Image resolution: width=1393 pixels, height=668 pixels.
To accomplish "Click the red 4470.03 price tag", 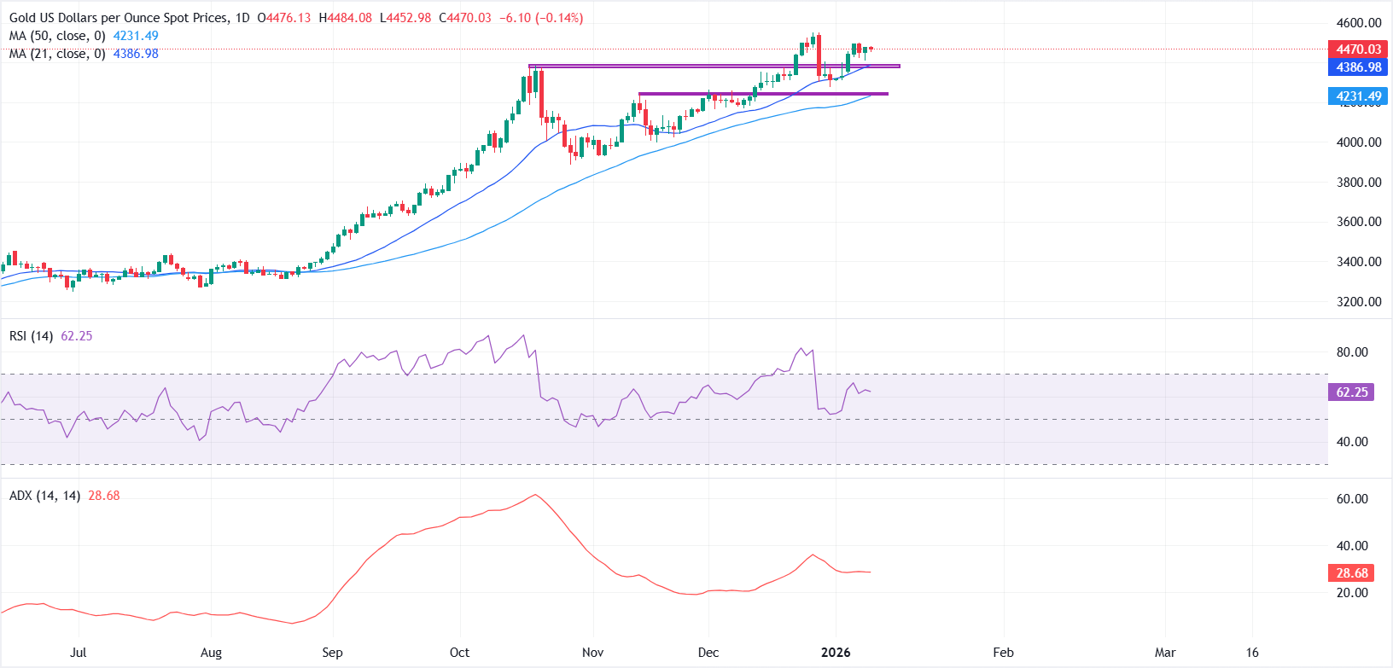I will [1357, 49].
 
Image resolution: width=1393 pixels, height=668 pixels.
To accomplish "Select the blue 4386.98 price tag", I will [1357, 67].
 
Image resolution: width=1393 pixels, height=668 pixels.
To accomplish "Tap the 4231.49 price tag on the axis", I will [1357, 96].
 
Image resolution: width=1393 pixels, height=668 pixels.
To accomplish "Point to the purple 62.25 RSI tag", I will [1351, 392].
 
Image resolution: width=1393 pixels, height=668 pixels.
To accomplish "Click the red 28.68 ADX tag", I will [1351, 573].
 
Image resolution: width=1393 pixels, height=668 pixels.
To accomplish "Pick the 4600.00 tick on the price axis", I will [1358, 23].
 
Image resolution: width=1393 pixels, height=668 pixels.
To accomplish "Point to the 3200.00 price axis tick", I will [1358, 301].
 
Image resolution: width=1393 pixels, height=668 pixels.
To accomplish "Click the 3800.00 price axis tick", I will [1358, 182].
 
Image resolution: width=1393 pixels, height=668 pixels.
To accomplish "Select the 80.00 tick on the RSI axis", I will [1352, 351].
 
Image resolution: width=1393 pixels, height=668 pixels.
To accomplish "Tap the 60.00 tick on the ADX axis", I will [1352, 499].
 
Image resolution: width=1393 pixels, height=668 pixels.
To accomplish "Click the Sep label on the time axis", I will [332, 653].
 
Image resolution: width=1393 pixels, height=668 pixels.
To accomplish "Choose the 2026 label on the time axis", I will [835, 653].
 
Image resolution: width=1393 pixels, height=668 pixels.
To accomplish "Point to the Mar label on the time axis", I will [1164, 653].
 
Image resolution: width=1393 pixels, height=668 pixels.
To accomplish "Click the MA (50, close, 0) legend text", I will [57, 36].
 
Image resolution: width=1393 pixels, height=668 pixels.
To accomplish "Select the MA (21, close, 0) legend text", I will [57, 54].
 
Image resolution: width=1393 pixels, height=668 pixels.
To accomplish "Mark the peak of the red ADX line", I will [534, 495].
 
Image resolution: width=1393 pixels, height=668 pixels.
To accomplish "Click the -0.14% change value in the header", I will [559, 18].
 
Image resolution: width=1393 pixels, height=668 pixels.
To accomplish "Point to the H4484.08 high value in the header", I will [345, 18].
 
